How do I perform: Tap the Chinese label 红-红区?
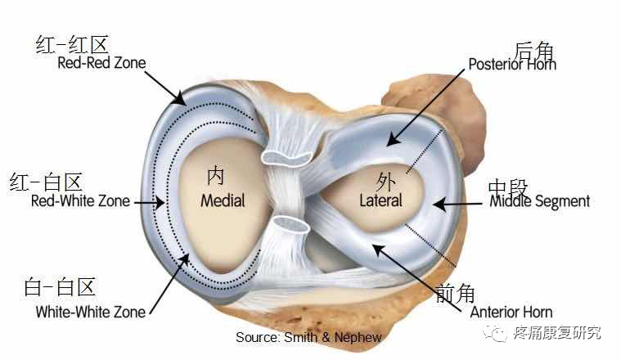click(x=73, y=43)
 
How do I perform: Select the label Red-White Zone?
click(x=80, y=200)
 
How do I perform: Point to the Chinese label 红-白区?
click(x=47, y=181)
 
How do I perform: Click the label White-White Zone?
click(x=91, y=312)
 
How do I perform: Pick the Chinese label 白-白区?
click(x=60, y=286)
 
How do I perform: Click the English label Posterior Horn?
click(x=511, y=63)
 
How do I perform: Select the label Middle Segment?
click(x=539, y=201)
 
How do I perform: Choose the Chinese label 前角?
click(x=455, y=292)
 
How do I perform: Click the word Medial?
click(x=223, y=200)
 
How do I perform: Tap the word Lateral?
click(x=380, y=200)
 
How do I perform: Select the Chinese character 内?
click(x=215, y=176)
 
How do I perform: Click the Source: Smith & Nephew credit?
click(x=308, y=337)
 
